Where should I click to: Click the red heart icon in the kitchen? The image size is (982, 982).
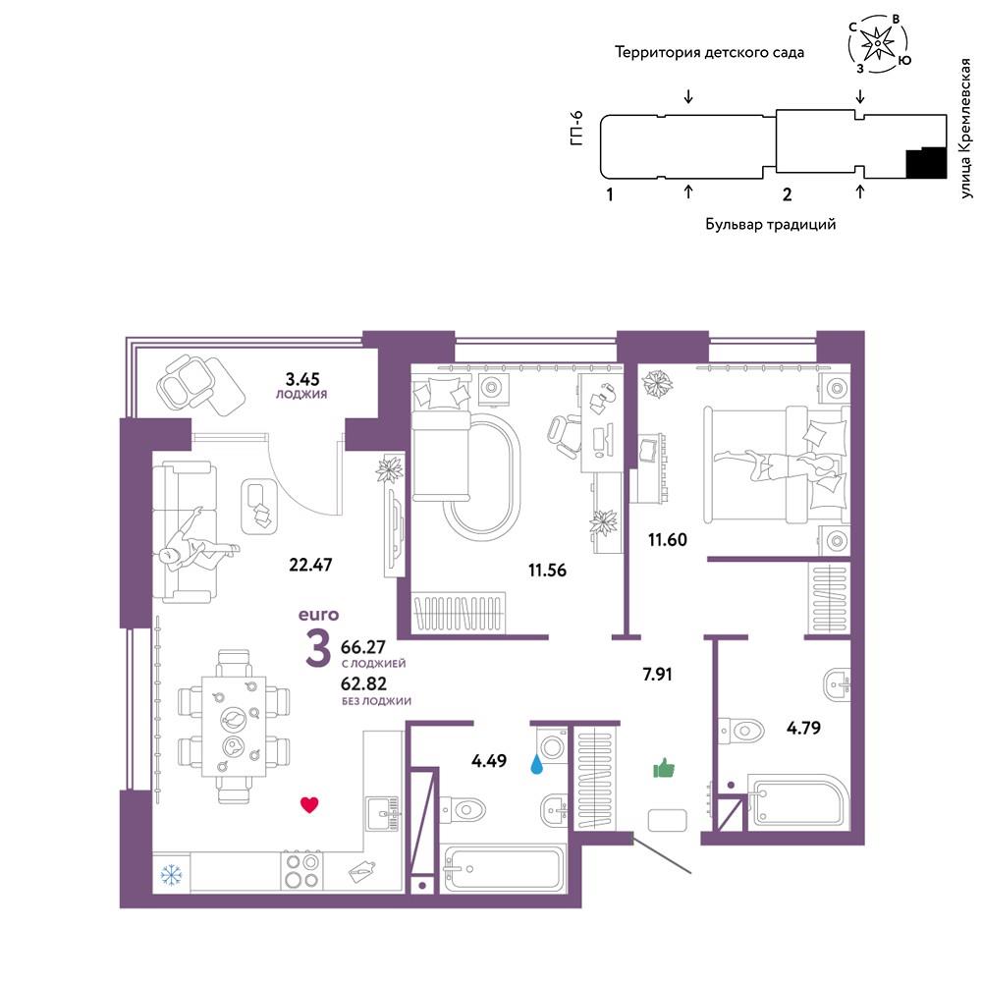pos(309,806)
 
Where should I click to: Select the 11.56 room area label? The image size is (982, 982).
pos(546,569)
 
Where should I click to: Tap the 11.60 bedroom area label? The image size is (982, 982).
pos(667,538)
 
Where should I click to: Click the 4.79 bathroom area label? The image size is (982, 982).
pos(803,729)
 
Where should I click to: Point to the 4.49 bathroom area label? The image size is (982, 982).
pos(489,759)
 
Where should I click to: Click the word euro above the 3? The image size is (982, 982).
pos(318,616)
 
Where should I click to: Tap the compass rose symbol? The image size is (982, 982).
pos(875,44)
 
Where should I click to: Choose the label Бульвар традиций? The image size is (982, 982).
pos(770,224)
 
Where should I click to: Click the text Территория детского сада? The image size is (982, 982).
pos(709,52)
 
